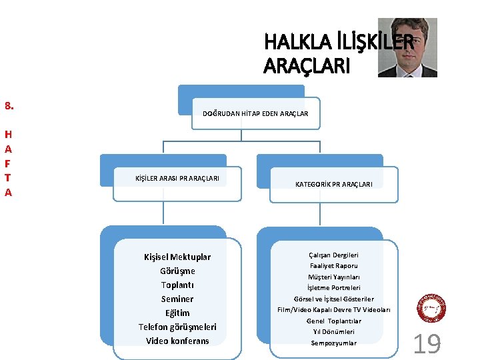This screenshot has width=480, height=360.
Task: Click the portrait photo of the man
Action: pyautogui.click(x=407, y=47)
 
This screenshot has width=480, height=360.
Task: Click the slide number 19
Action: pyautogui.click(x=427, y=344)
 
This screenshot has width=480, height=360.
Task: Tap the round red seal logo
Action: pyautogui.click(x=431, y=309)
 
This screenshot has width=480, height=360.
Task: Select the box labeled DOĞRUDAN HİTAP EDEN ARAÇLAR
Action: pyautogui.click(x=255, y=114)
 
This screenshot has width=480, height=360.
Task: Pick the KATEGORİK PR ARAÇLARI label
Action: pyautogui.click(x=334, y=184)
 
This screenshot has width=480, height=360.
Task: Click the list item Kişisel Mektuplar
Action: pyautogui.click(x=177, y=257)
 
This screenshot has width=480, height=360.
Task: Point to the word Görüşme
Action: pyautogui.click(x=177, y=271)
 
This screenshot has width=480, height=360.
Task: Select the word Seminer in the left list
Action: pyautogui.click(x=177, y=299)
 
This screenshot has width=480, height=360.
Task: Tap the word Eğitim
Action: pyautogui.click(x=177, y=313)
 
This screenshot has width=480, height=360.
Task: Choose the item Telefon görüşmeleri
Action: pyautogui.click(x=177, y=327)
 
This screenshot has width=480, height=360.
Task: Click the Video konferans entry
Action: pyautogui.click(x=177, y=341)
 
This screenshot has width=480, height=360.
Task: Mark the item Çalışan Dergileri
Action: pyautogui.click(x=334, y=255)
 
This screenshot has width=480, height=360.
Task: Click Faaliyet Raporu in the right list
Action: pyautogui.click(x=334, y=266)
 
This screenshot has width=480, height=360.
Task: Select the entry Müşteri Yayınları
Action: pyautogui.click(x=334, y=277)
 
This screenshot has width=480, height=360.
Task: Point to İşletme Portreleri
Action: pyautogui.click(x=334, y=288)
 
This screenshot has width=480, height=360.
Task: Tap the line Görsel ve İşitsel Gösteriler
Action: pyautogui.click(x=334, y=299)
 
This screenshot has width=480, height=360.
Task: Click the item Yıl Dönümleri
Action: pyautogui.click(x=334, y=332)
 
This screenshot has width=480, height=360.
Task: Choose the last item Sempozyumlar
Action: pyautogui.click(x=334, y=343)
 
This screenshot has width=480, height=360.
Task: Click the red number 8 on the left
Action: pyautogui.click(x=9, y=105)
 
